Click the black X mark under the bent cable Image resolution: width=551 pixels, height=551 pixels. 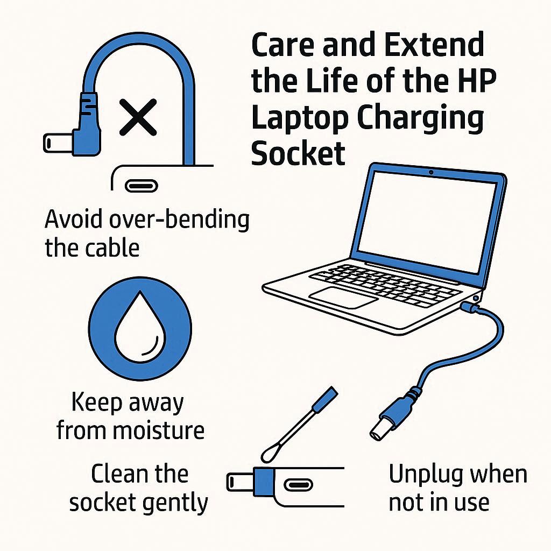pos(138,117)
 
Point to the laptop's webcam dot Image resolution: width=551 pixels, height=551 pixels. pos(431,172)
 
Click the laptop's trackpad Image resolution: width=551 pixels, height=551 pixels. pos(343,297)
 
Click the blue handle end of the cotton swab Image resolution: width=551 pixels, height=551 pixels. pos(325,400)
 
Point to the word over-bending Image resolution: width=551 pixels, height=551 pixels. pos(179,220)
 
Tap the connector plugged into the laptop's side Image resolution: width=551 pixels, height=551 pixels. pos(470,307)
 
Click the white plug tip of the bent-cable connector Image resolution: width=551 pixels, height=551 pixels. pos(58,143)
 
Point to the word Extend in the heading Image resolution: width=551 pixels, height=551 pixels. pos(434,45)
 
